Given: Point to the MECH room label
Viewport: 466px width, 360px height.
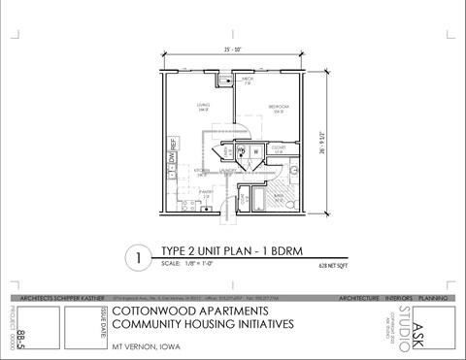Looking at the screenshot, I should [247, 80].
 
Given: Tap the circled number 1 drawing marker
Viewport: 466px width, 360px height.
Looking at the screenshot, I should [140, 258].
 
